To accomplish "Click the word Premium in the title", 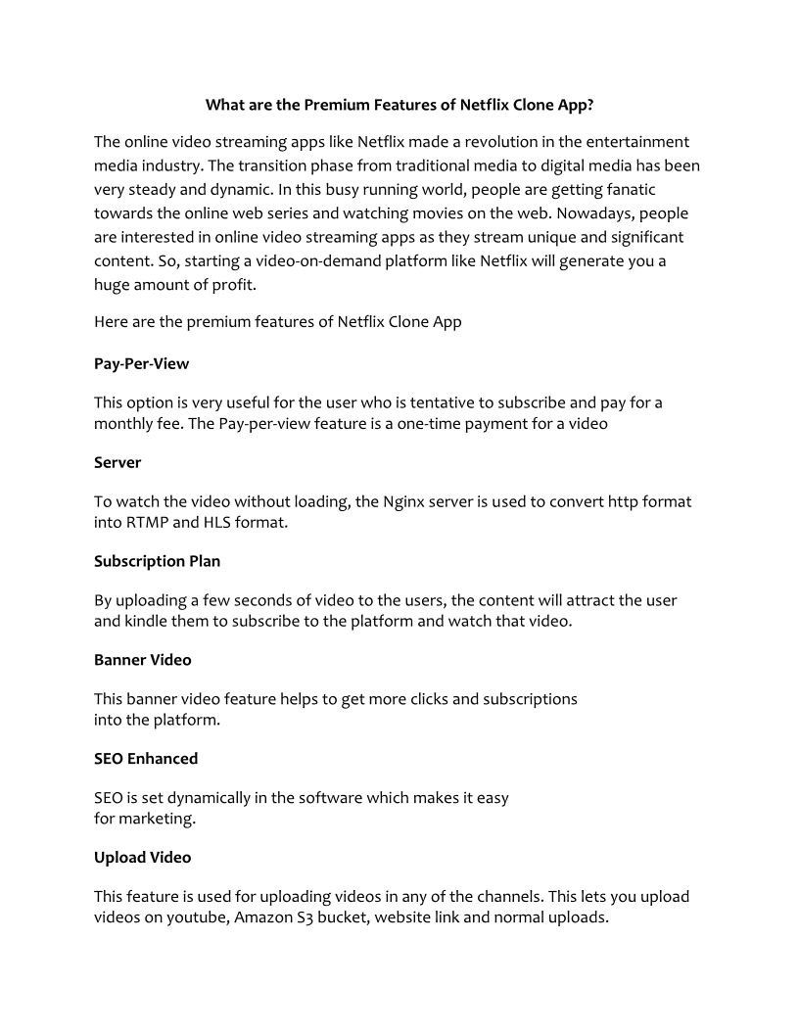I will click(335, 104).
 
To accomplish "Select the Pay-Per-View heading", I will click(141, 363).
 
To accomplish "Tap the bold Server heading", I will click(117, 462).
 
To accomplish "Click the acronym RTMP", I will click(148, 522).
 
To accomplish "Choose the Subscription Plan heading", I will click(157, 561).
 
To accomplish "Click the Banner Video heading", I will click(143, 660).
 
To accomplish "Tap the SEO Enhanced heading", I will click(146, 759).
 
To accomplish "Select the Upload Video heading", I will click(143, 858).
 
